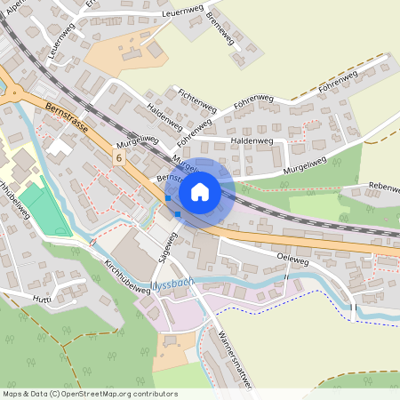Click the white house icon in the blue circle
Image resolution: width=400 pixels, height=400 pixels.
(x=200, y=190)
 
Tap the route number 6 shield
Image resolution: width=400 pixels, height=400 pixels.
(x=118, y=156)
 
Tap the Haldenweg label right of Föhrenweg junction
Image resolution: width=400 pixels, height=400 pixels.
(x=250, y=140)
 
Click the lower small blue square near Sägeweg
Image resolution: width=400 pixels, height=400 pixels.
(x=178, y=213)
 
